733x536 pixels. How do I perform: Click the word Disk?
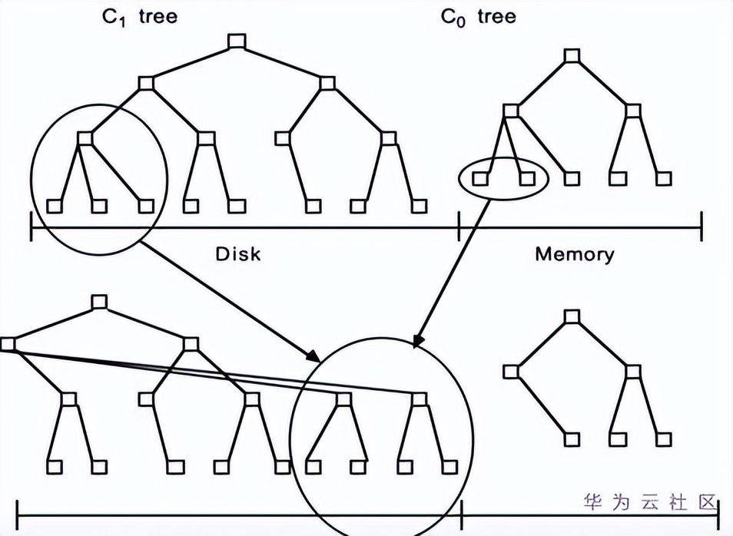pos(237,253)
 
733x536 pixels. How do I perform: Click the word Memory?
pos(575,253)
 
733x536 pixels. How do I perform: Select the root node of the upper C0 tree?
pos(571,55)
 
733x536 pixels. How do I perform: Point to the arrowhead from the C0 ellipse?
pos(416,342)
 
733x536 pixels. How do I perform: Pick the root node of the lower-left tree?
pos(98,301)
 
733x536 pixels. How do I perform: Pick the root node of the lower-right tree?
pos(571,316)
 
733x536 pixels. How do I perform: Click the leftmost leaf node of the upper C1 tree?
pos(54,206)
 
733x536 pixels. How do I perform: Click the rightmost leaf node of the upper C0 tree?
pos(665,178)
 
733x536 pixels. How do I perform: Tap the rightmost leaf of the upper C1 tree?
pos(419,206)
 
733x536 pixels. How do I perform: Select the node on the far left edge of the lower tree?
pos(8,344)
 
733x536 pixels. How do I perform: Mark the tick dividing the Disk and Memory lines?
pos(459,227)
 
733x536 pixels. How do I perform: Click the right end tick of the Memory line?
pos(701,227)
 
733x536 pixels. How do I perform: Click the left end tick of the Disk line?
pos(31,227)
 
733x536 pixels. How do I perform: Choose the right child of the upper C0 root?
pos(632,111)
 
